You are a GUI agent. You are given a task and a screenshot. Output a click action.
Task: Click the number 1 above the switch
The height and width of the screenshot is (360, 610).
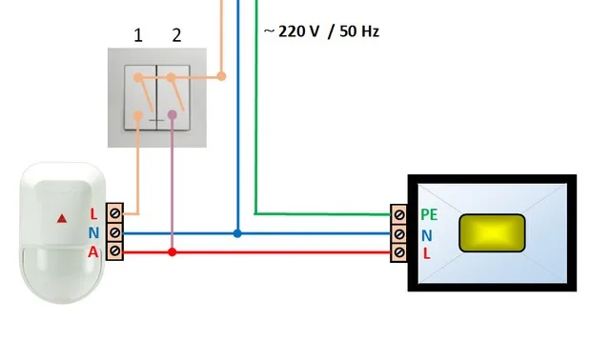138,36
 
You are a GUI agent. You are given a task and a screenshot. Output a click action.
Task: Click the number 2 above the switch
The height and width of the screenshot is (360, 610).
176,36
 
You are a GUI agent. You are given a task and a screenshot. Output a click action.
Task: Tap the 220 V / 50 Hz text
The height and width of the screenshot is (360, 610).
321,31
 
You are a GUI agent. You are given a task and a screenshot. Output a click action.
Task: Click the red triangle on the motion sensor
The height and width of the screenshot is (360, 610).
62,218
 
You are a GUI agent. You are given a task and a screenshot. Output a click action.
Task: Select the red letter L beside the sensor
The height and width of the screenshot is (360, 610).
93,214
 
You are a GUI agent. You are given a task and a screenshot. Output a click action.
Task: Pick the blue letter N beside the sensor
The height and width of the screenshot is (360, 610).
93,233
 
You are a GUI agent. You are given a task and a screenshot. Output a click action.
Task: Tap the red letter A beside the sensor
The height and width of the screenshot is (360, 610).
93,252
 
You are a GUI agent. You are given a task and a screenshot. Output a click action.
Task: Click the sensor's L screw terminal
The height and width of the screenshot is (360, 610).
114,213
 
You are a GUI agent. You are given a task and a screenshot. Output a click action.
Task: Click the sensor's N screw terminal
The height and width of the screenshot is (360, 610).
114,232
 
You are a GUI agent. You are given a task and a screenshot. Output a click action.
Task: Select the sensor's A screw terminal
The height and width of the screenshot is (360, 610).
114,250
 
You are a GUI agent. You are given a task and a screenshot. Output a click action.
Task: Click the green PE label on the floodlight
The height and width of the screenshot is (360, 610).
429,214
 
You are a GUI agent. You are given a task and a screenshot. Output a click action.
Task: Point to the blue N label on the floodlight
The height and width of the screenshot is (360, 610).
427,235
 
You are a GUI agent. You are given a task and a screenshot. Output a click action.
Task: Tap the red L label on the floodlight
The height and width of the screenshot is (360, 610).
427,254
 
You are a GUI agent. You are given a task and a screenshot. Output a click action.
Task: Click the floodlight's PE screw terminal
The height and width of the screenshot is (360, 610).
398,214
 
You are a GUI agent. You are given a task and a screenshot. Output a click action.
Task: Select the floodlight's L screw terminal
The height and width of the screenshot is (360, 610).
398,252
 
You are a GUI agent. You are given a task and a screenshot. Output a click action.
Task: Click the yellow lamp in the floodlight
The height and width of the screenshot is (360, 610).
492,233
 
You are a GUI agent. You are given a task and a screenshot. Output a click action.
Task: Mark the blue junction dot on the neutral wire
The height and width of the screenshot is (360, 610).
237,233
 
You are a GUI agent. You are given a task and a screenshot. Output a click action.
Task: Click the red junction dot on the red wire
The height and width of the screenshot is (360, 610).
173,252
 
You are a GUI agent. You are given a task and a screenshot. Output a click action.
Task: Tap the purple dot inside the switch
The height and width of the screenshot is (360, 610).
173,114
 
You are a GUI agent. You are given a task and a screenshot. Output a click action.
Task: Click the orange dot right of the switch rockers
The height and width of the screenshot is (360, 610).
221,76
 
